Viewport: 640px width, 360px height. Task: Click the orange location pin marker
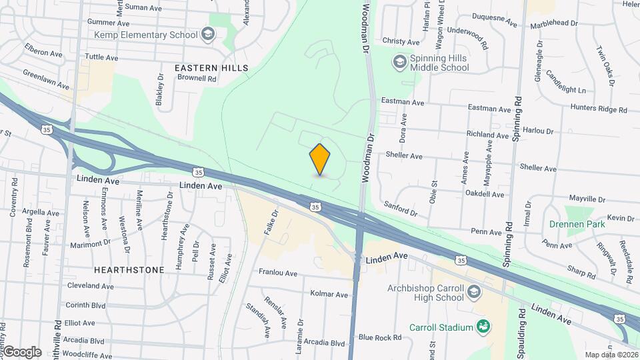pyautogui.click(x=320, y=159)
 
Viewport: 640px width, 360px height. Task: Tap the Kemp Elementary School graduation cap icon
pyautogui.click(x=209, y=34)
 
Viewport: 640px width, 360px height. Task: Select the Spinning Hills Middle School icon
pyautogui.click(x=399, y=62)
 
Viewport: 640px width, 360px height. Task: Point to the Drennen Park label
pyautogui.click(x=577, y=224)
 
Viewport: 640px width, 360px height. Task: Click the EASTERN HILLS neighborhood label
pyautogui.click(x=211, y=68)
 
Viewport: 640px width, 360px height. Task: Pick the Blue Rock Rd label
pyautogui.click(x=380, y=337)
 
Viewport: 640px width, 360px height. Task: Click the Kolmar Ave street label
pyautogui.click(x=329, y=294)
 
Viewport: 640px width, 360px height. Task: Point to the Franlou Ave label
pyautogui.click(x=277, y=273)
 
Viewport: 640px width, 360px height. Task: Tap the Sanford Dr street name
pyautogui.click(x=400, y=209)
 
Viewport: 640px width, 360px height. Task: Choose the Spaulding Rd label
pyautogui.click(x=523, y=339)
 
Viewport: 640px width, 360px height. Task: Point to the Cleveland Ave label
pyautogui.click(x=90, y=285)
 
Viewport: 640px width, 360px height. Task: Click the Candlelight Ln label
pyautogui.click(x=566, y=85)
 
